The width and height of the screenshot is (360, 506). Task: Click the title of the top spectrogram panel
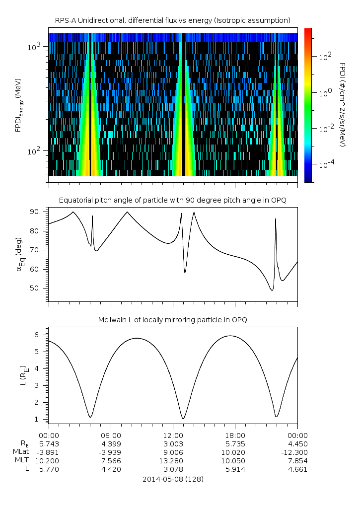[173, 20]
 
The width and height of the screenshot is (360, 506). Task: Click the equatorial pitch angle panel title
[173, 200]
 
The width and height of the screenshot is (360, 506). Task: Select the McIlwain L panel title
[173, 320]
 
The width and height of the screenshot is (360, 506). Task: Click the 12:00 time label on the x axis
[173, 435]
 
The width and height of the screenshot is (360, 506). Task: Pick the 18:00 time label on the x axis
[235, 435]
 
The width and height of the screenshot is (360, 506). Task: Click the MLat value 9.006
[173, 452]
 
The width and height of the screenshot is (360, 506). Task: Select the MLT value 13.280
[173, 460]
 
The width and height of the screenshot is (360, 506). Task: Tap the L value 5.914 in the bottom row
[235, 469]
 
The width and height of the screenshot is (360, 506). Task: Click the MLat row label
[22, 452]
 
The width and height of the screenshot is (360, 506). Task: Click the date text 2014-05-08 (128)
[173, 480]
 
